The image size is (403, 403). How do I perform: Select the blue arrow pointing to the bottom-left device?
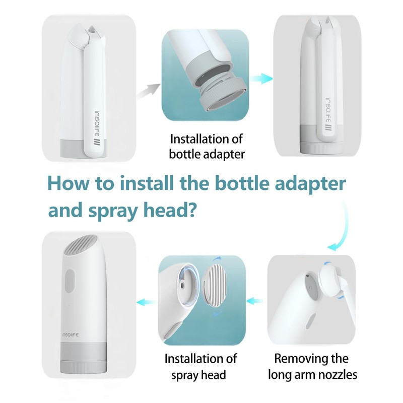point(145,302)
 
